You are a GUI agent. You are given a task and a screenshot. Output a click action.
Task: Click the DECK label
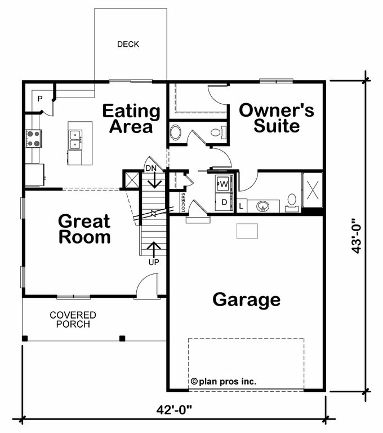pyautogui.click(x=128, y=44)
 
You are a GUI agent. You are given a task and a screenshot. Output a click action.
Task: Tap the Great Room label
pyautogui.click(x=84, y=229)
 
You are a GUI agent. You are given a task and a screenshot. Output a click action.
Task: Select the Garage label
pyautogui.click(x=246, y=300)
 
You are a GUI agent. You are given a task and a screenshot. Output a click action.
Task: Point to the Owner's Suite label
pyautogui.click(x=277, y=118)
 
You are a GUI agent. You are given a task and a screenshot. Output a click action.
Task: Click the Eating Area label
pyautogui.click(x=131, y=119)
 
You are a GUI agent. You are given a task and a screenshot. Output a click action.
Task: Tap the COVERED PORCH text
pyautogui.click(x=73, y=320)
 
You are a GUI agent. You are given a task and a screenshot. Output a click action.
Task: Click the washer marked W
pyautogui.click(x=224, y=183)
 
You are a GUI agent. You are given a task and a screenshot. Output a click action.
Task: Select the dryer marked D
pyautogui.click(x=224, y=202)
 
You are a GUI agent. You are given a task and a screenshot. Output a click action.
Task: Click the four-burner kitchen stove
pyautogui.click(x=34, y=139)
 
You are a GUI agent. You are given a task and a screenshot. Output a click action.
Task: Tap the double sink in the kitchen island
pyautogui.click(x=75, y=140)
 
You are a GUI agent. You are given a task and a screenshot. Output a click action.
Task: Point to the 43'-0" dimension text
pyautogui.click(x=356, y=236)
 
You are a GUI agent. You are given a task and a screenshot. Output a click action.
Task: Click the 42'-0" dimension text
pyautogui.click(x=174, y=409)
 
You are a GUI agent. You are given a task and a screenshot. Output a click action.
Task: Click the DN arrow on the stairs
pyautogui.click(x=154, y=180)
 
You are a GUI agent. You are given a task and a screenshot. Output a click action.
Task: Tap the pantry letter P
pyautogui.click(x=40, y=99)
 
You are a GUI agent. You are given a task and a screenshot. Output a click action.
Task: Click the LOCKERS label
pyautogui.click(x=184, y=202)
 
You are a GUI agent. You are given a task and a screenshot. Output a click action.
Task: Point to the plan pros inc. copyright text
pyautogui.click(x=224, y=382)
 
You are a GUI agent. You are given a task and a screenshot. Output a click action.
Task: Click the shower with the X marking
pyautogui.click(x=313, y=190)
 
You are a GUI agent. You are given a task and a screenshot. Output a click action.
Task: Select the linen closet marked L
pyautogui.click(x=242, y=206)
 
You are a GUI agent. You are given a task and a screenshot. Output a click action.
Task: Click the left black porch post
pyautogui.click(x=25, y=338)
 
